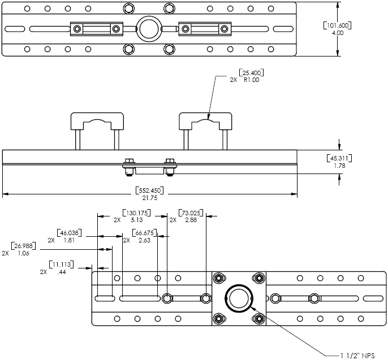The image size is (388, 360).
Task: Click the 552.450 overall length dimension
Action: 150,190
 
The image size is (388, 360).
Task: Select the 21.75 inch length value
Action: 150,197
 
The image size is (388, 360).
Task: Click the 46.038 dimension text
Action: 70,233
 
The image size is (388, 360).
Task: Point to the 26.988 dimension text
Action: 24,246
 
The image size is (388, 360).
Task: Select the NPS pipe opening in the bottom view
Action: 238,298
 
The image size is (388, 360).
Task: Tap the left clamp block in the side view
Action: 97,122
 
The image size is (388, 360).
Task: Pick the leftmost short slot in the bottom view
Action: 105,298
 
